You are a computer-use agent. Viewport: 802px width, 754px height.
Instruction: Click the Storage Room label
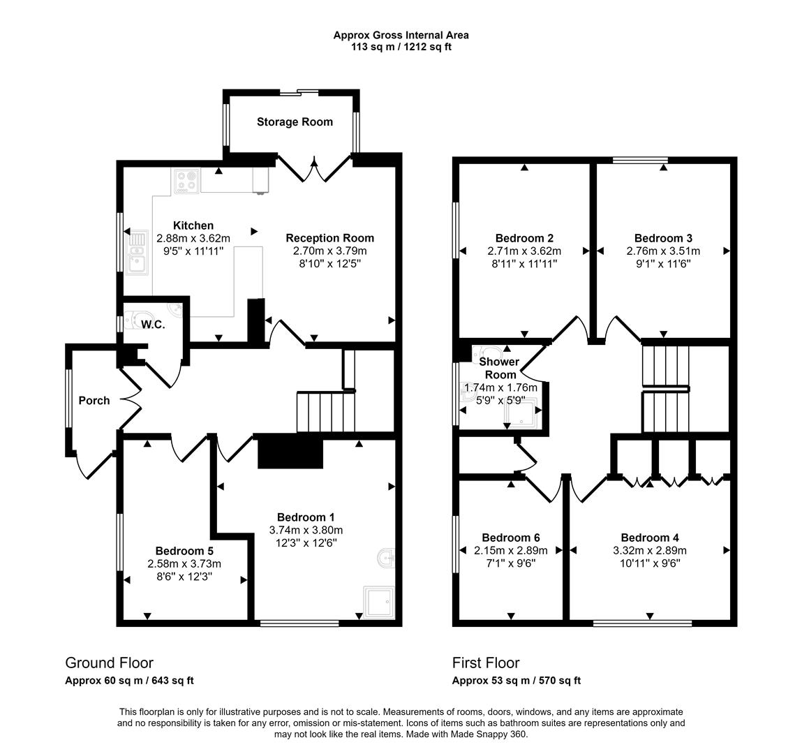[295, 121]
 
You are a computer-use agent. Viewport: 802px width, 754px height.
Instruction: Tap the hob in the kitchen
[186, 181]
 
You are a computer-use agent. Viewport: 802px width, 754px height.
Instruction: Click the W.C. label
[153, 325]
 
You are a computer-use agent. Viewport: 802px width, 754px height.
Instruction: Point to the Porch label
[94, 401]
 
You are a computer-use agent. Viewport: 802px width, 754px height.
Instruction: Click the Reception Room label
[330, 238]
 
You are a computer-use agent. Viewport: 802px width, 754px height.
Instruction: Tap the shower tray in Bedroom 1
[378, 602]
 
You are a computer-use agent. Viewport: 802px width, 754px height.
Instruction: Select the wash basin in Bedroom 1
[386, 558]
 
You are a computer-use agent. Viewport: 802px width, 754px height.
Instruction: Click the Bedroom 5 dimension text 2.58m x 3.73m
[184, 563]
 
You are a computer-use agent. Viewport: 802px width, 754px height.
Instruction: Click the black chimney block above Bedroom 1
[290, 451]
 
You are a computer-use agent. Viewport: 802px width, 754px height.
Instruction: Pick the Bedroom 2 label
[524, 238]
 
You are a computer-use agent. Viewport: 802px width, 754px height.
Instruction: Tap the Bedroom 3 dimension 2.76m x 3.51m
[663, 251]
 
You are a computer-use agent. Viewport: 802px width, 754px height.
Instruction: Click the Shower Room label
[499, 368]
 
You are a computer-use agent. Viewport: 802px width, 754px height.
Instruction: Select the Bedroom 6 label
[511, 538]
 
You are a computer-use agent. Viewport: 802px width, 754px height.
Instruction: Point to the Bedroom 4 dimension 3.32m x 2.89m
[650, 550]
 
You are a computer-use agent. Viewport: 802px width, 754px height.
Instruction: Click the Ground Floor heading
[110, 663]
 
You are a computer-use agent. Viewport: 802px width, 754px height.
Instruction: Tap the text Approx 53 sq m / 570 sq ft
[517, 680]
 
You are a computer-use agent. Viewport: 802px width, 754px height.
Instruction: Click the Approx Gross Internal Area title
[401, 36]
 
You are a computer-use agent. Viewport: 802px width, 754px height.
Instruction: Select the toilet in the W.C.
[139, 318]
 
